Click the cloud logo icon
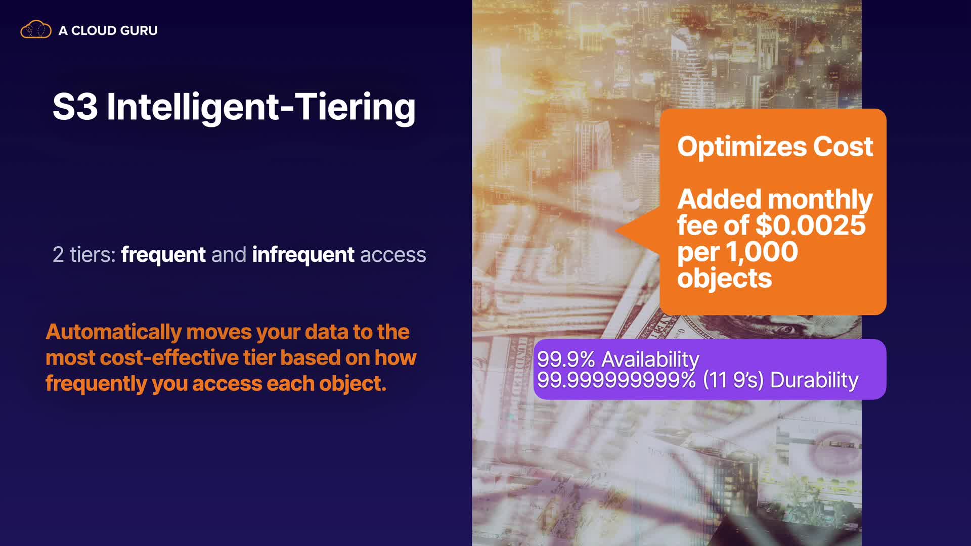coord(36,29)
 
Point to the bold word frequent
coord(163,255)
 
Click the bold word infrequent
coord(303,255)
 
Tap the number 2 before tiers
coord(58,255)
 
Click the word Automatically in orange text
coord(114,332)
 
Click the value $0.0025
coord(811,225)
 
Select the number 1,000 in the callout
coord(762,252)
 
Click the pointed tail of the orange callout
coord(616,231)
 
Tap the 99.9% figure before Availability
coord(566,359)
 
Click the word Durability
coord(814,380)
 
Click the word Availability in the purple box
coord(650,359)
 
